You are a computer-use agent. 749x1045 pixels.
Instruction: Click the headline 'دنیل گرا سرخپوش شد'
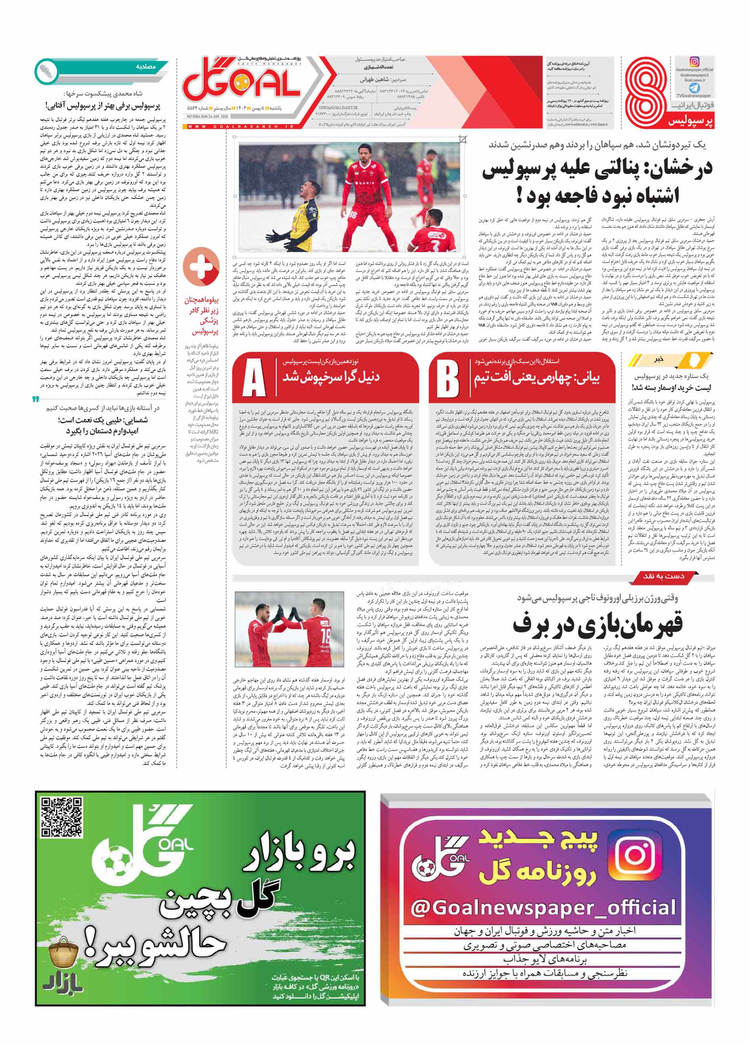coord(331,377)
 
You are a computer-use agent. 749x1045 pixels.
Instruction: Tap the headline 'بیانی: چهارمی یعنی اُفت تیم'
coord(537,378)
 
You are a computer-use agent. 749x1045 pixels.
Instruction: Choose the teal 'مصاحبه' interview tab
coord(145,67)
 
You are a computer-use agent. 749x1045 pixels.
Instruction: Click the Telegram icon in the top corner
coord(694,88)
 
